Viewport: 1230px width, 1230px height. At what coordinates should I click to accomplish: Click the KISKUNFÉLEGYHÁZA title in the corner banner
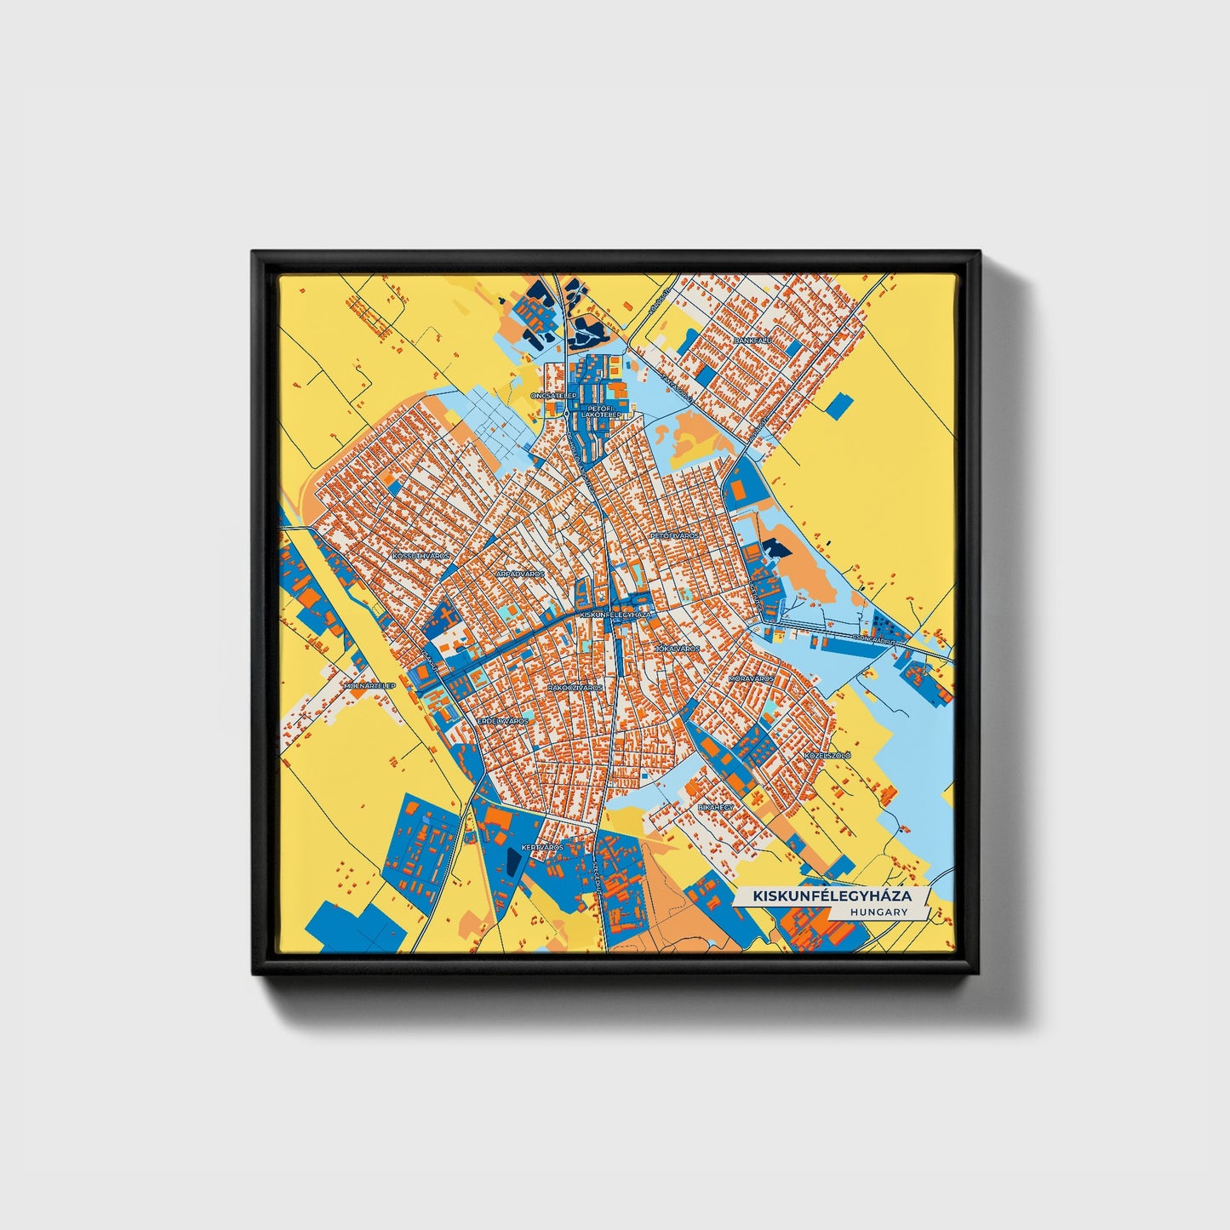(x=832, y=896)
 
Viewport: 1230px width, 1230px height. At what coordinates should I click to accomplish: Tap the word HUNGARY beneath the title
(x=878, y=912)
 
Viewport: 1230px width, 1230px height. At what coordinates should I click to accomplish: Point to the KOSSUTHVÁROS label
(x=420, y=555)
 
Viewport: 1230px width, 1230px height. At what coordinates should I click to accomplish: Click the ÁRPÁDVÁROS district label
(x=520, y=575)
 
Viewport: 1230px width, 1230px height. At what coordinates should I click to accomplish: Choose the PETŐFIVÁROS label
(x=674, y=536)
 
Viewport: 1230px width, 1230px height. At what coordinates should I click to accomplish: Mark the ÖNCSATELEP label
(x=553, y=396)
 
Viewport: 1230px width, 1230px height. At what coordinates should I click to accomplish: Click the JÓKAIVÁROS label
(x=677, y=649)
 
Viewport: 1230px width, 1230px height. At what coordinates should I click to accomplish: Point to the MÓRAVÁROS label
(x=751, y=679)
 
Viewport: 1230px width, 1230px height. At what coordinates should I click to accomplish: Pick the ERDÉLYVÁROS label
(x=502, y=721)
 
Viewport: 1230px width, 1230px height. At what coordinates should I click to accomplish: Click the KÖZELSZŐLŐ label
(x=827, y=755)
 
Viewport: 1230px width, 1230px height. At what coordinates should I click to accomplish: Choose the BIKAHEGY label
(x=715, y=805)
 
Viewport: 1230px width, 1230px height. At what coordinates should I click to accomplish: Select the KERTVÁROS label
(x=542, y=848)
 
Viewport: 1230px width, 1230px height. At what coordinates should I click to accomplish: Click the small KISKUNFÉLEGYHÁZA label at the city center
(x=614, y=614)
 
